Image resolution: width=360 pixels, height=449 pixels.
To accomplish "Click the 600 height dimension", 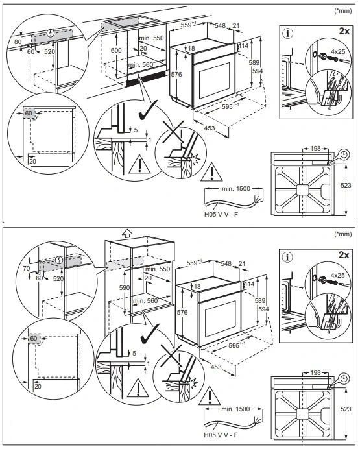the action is click(116, 50).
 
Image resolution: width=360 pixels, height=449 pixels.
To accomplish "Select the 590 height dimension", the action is click(125, 287).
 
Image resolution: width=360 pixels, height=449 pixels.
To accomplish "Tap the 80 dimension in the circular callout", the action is click(18, 42).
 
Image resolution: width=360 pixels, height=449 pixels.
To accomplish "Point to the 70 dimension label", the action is click(27, 269).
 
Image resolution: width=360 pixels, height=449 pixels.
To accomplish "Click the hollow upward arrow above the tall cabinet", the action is click(126, 234).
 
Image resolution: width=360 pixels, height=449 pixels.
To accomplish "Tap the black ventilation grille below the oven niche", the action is click(145, 80).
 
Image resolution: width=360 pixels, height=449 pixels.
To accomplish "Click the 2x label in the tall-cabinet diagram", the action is click(344, 255).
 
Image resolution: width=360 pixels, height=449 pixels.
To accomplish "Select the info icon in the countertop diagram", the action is click(287, 34).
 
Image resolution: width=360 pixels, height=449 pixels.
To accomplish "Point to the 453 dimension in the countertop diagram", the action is click(210, 128).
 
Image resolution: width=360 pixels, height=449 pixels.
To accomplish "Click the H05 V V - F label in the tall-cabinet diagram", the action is click(221, 435).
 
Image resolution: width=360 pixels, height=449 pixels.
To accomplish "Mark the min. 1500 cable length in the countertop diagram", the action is click(236, 189).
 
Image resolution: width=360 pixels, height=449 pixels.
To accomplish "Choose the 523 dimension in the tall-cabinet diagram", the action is click(346, 409).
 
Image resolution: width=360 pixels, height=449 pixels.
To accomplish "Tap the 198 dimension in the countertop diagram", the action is click(315, 149).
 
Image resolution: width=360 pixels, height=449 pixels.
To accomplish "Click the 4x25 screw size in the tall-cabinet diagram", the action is click(338, 276).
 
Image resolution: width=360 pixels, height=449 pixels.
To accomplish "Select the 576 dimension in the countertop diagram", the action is click(176, 75).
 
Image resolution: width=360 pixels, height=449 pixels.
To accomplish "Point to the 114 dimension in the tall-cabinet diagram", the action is click(249, 284).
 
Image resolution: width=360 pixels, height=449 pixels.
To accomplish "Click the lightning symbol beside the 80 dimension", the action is click(51, 34).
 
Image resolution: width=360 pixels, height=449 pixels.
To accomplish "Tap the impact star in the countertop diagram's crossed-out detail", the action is click(195, 159).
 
